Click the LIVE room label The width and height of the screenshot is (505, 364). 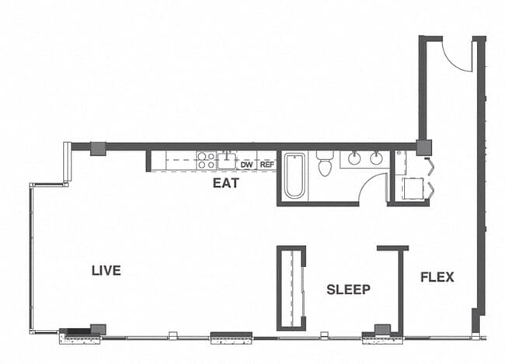[x=106, y=271]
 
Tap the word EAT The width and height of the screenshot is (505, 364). [x=225, y=184]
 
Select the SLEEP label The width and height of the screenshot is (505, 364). [x=348, y=289]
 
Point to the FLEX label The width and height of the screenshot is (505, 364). [x=437, y=277]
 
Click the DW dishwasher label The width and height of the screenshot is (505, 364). [x=246, y=165]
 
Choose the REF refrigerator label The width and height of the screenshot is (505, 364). [x=266, y=165]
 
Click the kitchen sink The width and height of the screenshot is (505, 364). [x=226, y=161]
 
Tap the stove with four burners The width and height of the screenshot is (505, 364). [x=206, y=161]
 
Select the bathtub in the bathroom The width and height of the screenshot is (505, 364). [x=295, y=175]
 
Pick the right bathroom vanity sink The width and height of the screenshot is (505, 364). [x=376, y=158]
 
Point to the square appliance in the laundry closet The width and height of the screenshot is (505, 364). [x=410, y=188]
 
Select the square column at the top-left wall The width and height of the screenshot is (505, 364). [x=98, y=147]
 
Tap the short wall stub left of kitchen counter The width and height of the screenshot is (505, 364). [x=148, y=161]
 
